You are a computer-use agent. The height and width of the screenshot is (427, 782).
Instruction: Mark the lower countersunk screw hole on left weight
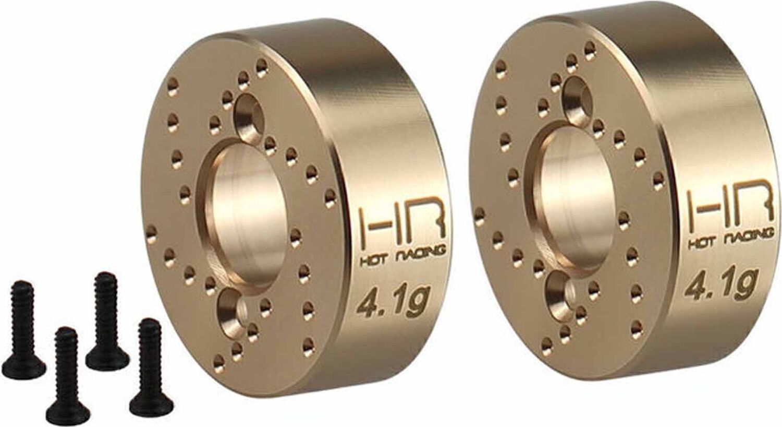coord(229,311)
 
